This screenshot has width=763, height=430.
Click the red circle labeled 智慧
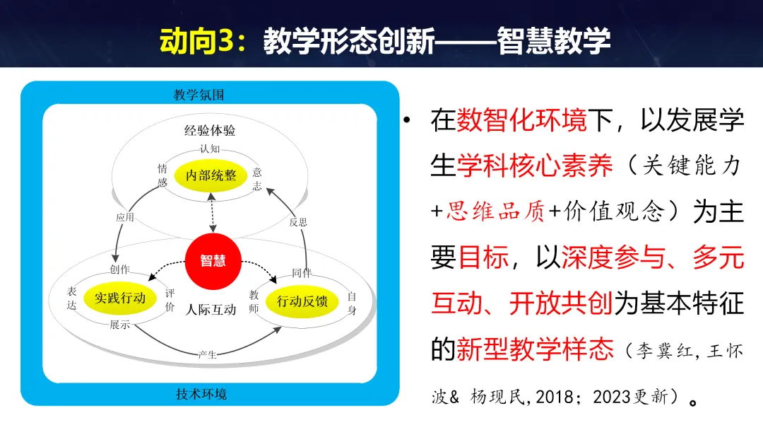coord(213,261)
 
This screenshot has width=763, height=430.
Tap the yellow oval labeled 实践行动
coord(120,298)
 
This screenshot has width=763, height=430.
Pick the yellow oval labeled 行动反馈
coord(302,302)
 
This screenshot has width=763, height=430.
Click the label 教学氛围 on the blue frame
coord(199,95)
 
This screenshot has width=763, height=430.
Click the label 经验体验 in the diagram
coord(210,131)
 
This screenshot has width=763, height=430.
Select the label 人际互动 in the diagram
coord(211,309)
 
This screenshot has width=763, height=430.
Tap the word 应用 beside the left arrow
coord(125,218)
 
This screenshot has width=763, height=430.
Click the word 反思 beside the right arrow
coord(298,221)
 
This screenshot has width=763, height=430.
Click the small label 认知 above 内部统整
coord(210,149)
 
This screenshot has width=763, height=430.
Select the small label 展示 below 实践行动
coord(119,325)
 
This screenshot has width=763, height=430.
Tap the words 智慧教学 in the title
coord(553,42)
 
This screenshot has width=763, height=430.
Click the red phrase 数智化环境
coord(521,121)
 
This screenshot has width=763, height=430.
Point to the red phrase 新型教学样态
coord(534,349)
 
